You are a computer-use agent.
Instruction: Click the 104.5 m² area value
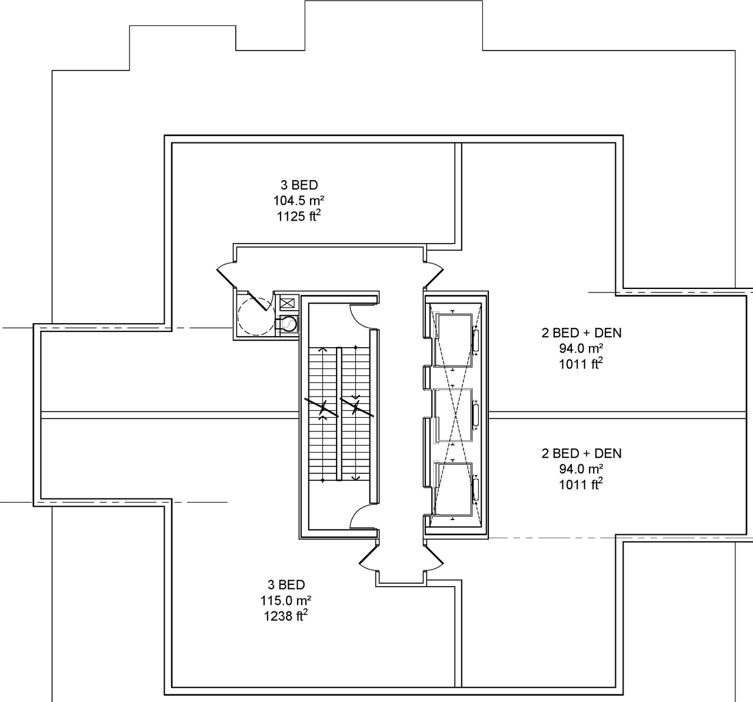[x=299, y=201]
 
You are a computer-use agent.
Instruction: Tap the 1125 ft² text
[x=299, y=216]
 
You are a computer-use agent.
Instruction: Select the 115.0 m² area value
[x=286, y=601]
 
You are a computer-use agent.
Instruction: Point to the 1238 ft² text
[x=286, y=616]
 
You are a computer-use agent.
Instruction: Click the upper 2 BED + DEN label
[x=581, y=332]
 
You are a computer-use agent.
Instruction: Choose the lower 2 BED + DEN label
[x=581, y=453]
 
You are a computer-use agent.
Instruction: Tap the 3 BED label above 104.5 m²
[x=299, y=185]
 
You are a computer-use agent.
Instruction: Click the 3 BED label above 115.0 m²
[x=286, y=585]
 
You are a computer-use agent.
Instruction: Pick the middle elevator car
[x=453, y=415]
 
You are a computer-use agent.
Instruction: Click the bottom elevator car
[x=453, y=488]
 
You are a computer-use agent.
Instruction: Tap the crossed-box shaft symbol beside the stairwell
[x=286, y=304]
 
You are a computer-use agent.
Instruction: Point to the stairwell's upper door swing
[x=361, y=317]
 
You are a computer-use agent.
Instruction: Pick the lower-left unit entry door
[x=369, y=559]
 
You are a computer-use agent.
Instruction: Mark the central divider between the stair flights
[x=339, y=414]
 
